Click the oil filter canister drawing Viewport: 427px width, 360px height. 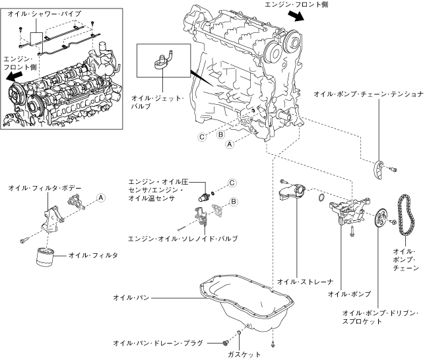(x=45, y=257)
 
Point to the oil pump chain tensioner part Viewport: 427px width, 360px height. (x=379, y=170)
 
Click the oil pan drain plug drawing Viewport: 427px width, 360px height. (x=225, y=344)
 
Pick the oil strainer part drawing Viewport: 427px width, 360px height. (x=292, y=192)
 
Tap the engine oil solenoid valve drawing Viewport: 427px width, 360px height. (x=201, y=216)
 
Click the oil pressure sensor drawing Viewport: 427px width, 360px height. (x=203, y=196)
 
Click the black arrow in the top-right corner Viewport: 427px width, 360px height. (x=296, y=16)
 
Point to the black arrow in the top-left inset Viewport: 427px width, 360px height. (x=14, y=76)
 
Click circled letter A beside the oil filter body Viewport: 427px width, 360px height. (x=101, y=198)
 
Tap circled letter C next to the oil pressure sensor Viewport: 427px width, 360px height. (x=232, y=183)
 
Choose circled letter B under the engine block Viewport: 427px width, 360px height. (x=221, y=135)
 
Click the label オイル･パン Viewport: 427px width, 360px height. (x=131, y=297)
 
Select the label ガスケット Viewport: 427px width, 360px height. (x=244, y=354)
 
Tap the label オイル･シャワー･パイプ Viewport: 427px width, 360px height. (x=44, y=14)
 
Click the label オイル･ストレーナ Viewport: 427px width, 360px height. (x=305, y=282)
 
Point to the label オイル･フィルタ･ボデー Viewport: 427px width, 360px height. (x=45, y=188)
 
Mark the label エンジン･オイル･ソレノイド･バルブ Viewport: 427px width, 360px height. (x=183, y=239)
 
